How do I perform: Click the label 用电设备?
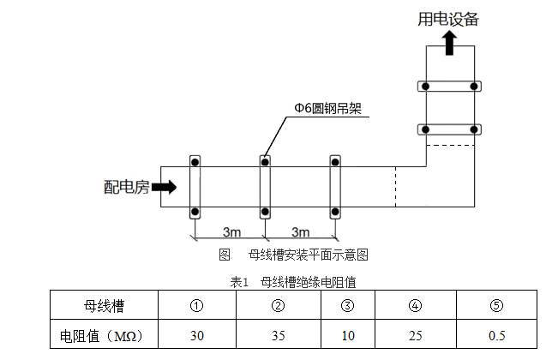tap(448, 18)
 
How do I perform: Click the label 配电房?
tap(126, 187)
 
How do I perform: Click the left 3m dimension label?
tap(231, 232)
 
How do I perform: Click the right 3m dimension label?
tap(299, 232)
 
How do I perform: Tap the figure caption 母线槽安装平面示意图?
tap(308, 255)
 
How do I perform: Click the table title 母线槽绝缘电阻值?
tap(308, 280)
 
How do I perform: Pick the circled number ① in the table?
tap(196, 305)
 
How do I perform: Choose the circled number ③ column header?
tap(346, 305)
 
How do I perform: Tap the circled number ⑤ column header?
tap(496, 305)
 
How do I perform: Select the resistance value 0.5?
tap(496, 335)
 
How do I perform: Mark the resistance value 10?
tap(346, 335)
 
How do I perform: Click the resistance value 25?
tap(415, 335)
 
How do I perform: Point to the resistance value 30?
tap(196, 335)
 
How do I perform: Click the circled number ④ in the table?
tap(415, 305)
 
